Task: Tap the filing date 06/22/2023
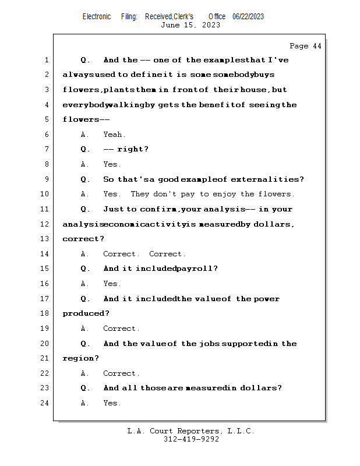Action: tap(248, 17)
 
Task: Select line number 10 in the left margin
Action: tap(45, 194)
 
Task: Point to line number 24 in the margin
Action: tap(45, 403)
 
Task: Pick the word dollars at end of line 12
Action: tap(272, 224)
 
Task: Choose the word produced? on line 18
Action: tap(86, 313)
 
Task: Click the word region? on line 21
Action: tap(81, 358)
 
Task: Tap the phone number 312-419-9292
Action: tap(191, 439)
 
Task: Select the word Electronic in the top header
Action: tap(97, 17)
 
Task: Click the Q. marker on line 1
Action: tap(85, 60)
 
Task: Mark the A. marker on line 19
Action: tap(85, 329)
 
